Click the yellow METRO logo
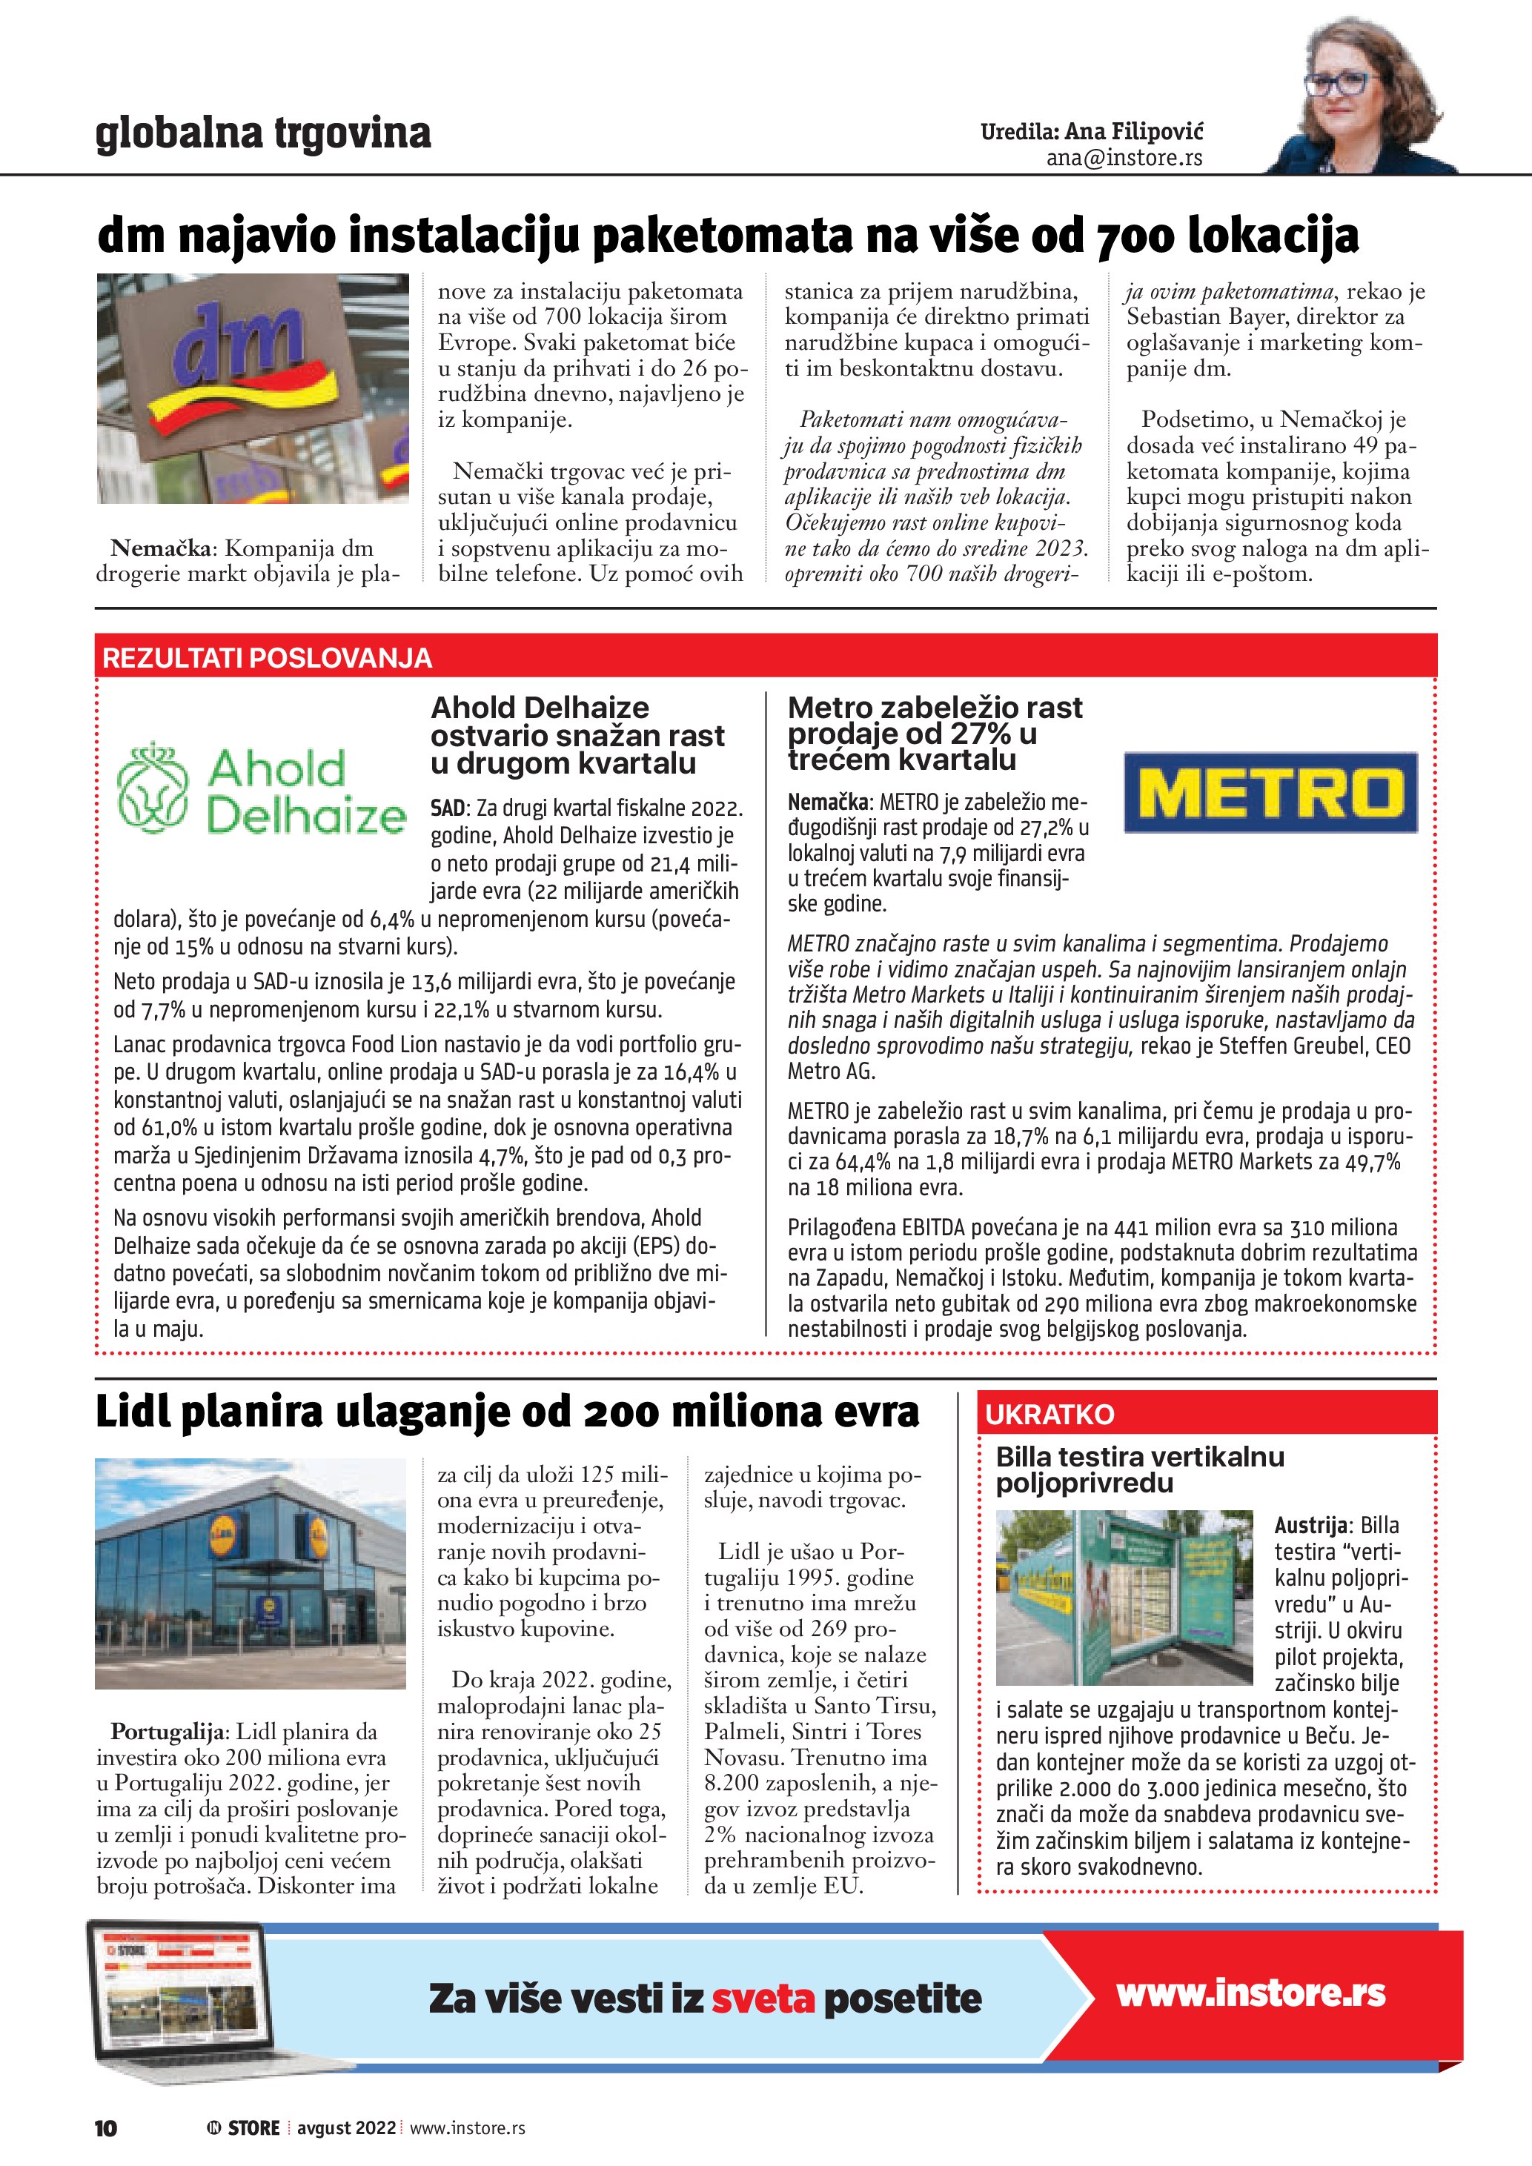click(1270, 792)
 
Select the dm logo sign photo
click(253, 388)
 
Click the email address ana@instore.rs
click(1124, 158)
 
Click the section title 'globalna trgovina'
click(263, 133)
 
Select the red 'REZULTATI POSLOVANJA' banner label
click(267, 657)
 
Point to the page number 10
click(106, 2127)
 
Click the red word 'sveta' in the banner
click(762, 1998)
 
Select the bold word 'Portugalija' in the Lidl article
click(167, 1731)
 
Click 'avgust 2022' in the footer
click(346, 2127)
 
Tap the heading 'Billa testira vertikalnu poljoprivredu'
click(1140, 1469)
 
